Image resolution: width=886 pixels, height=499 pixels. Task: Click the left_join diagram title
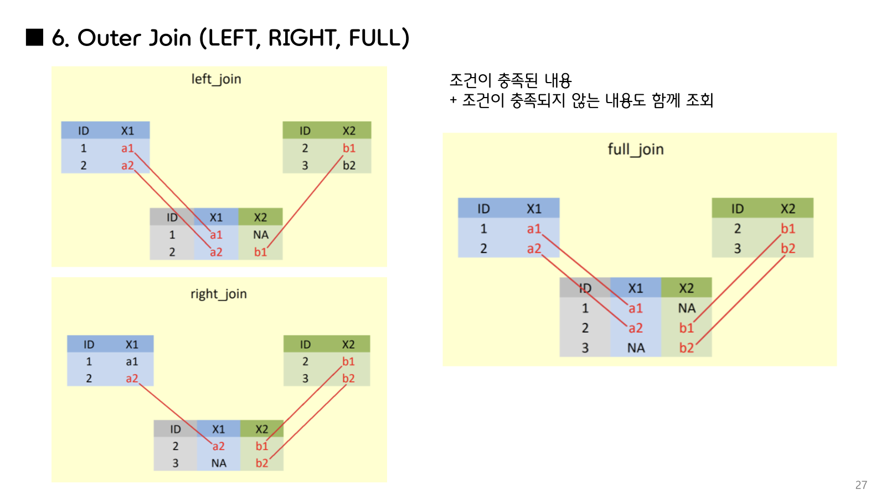[216, 79]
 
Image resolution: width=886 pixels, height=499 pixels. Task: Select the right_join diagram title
[218, 294]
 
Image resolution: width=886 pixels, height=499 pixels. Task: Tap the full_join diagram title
[635, 149]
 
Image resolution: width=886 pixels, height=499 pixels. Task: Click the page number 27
[861, 485]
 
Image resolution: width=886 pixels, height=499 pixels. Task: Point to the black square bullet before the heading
[34, 37]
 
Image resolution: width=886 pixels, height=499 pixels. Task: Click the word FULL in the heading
[375, 38]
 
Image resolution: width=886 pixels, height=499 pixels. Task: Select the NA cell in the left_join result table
[260, 235]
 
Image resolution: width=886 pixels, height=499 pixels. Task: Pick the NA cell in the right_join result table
[219, 463]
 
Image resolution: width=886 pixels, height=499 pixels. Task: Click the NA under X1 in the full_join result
[636, 348]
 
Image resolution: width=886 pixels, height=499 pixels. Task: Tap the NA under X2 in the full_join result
[687, 308]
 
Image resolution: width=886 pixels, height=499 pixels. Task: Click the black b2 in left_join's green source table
[349, 165]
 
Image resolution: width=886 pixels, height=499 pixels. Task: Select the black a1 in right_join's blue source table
[132, 361]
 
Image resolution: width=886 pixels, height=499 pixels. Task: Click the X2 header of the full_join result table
[686, 288]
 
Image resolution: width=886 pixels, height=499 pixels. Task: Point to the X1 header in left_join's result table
[216, 217]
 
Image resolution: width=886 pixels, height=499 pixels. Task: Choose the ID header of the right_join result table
[176, 429]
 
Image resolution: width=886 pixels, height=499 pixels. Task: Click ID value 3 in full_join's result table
[585, 348]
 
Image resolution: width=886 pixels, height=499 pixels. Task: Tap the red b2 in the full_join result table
[686, 348]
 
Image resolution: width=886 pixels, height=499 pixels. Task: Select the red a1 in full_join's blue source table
[534, 228]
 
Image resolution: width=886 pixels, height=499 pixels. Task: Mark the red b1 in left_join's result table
[260, 252]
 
